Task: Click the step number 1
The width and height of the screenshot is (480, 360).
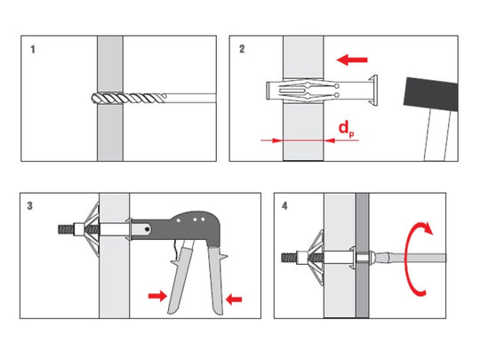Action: click(33, 49)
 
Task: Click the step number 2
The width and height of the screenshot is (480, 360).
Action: click(242, 49)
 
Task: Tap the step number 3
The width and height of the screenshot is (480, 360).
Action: click(29, 206)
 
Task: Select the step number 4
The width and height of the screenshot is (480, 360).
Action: click(284, 206)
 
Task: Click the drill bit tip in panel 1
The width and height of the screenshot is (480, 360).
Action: click(93, 99)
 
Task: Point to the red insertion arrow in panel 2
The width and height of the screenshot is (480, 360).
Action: click(352, 60)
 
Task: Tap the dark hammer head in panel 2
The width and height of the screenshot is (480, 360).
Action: click(431, 94)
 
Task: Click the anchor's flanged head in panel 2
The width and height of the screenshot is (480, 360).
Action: click(373, 91)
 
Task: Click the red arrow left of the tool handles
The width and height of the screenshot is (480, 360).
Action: click(157, 296)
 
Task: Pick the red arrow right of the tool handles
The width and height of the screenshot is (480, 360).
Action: click(234, 299)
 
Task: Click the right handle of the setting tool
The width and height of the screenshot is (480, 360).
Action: click(217, 279)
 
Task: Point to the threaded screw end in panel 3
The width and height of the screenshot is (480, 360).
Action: click(66, 229)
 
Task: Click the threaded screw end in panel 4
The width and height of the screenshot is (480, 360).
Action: click(289, 257)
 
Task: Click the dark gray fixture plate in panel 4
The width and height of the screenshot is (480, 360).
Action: click(362, 255)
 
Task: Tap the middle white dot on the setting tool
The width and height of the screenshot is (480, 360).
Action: click(195, 220)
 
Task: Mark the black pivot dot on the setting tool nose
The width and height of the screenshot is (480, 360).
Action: click(148, 228)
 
